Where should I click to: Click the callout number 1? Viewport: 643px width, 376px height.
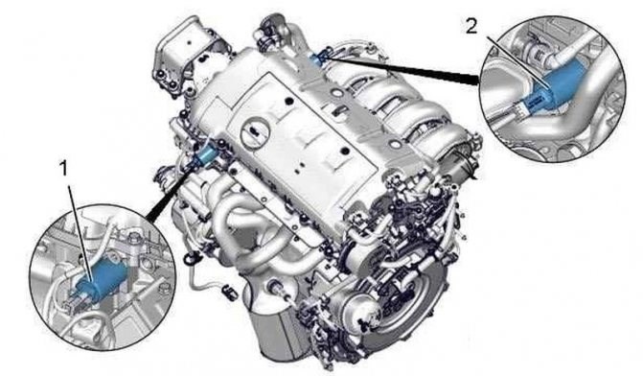point(63,169)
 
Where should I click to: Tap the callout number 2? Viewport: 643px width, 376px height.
point(471,27)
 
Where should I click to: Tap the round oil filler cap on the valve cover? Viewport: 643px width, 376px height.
point(255,132)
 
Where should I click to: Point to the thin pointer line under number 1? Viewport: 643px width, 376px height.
point(80,235)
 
